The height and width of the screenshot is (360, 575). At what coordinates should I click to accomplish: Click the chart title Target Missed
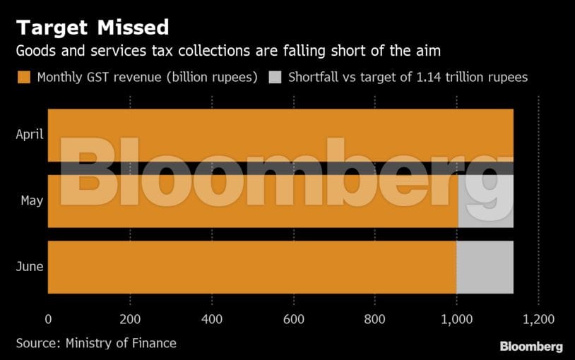(93, 28)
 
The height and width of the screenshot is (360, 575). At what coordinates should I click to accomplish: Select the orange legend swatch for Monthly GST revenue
(24, 77)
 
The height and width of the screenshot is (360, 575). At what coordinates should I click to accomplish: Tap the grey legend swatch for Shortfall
(275, 77)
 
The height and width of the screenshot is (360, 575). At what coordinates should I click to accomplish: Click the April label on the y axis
(30, 134)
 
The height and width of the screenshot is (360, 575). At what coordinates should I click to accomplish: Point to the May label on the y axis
(32, 200)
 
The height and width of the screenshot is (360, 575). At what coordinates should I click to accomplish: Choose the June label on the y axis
(30, 267)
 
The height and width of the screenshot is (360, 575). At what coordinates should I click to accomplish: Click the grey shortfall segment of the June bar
(485, 267)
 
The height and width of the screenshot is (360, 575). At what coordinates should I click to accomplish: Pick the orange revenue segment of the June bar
(251, 267)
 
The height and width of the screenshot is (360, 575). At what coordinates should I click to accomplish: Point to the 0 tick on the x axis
(48, 319)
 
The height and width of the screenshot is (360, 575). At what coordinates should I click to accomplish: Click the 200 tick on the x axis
(130, 319)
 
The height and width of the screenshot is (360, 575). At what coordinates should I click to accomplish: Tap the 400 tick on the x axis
(212, 319)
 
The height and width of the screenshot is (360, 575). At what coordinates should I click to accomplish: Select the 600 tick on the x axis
(294, 319)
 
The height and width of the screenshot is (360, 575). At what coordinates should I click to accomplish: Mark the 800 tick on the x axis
(375, 319)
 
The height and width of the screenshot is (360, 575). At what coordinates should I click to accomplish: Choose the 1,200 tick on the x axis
(539, 319)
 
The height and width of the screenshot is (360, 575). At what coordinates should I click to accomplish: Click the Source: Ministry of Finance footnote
(96, 343)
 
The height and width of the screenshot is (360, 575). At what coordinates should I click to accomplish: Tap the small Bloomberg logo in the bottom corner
(531, 347)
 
